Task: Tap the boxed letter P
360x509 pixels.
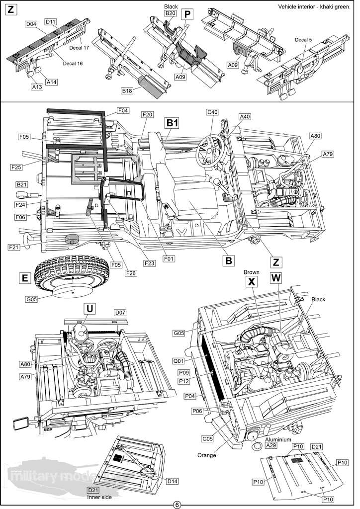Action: [x=187, y=14]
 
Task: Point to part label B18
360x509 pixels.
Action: [x=127, y=91]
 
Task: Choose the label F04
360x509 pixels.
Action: [x=123, y=110]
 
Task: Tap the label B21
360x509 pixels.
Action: [x=22, y=184]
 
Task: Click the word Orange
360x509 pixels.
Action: [x=206, y=455]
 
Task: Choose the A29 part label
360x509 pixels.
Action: [x=270, y=446]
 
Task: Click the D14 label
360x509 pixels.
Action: [x=173, y=481]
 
